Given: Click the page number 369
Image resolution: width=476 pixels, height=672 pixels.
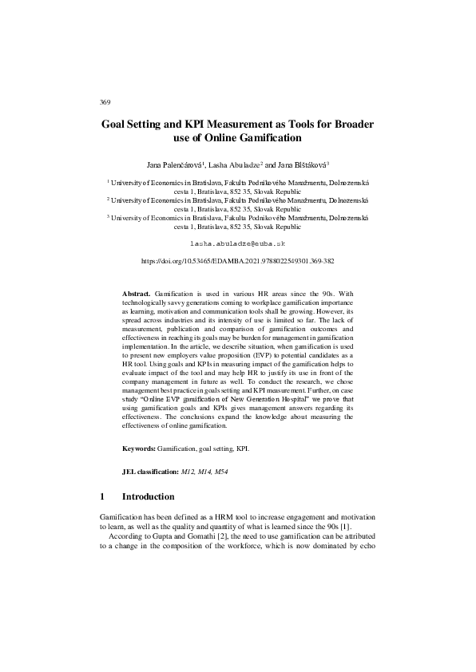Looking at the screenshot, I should [x=105, y=102].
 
